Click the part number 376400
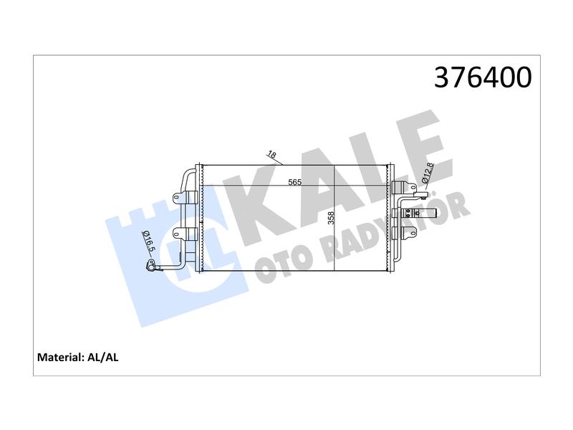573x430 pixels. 483,77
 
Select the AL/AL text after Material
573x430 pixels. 103,357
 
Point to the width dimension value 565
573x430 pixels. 294,182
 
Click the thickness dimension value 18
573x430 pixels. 271,155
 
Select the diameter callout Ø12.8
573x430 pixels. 428,173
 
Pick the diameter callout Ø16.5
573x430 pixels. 149,242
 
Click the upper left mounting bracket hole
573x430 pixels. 176,198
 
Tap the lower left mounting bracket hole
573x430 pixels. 176,233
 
